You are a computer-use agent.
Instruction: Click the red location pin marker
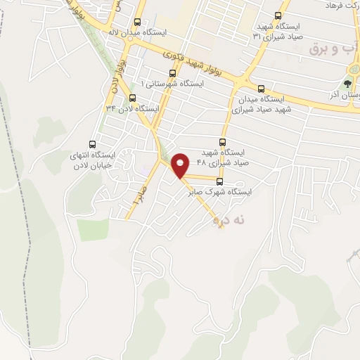(x=181, y=165)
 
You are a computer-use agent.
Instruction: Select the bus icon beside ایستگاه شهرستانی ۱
(x=173, y=72)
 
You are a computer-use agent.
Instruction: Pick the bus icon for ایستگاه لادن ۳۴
(x=132, y=98)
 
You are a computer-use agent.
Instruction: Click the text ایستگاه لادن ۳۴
(x=132, y=109)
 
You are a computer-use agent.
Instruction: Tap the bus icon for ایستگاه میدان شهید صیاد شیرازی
(x=262, y=89)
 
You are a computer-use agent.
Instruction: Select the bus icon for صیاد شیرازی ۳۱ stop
(x=278, y=15)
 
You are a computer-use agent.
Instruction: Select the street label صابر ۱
(x=138, y=195)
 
